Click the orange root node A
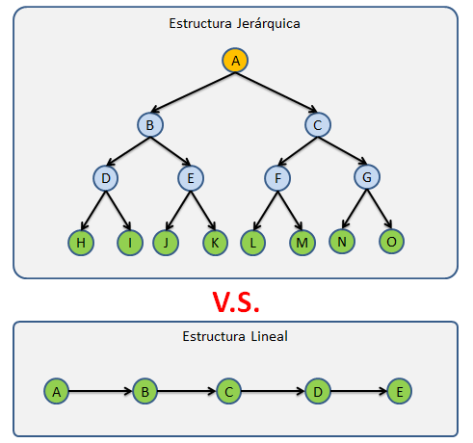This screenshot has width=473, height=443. [234, 61]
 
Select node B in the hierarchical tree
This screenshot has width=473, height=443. [149, 124]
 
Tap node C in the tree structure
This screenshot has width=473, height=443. [319, 124]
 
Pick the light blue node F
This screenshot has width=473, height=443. [276, 178]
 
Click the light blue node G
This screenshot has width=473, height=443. [365, 178]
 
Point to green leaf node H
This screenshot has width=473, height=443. [81, 242]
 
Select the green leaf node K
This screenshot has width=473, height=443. [214, 242]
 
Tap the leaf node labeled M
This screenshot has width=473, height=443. [302, 242]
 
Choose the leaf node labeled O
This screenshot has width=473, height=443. [390, 241]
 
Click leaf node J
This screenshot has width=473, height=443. [166, 242]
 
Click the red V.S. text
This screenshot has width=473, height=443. [236, 300]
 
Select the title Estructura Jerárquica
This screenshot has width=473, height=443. [234, 23]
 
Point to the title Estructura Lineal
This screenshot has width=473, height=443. [234, 337]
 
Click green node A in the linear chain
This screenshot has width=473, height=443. [57, 392]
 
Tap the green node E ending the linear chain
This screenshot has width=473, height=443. [400, 392]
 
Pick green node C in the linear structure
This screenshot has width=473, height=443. [228, 392]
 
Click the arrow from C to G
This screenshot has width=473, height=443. [342, 151]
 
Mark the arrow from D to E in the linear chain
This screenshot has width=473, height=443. [357, 392]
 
